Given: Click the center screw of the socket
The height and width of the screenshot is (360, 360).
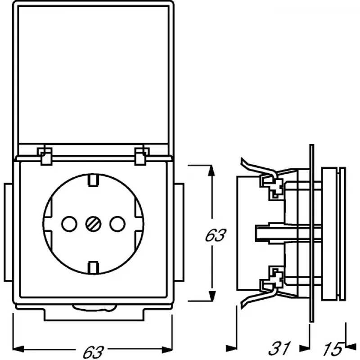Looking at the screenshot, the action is coord(93,224).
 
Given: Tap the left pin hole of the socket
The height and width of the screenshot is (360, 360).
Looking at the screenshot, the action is coord(69,224).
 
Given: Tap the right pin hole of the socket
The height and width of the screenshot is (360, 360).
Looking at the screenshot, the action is coord(117,224).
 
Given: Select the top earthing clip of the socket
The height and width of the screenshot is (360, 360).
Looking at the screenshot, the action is coord(94,180).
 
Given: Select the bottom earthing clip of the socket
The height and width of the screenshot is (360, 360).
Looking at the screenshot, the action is coord(94,267).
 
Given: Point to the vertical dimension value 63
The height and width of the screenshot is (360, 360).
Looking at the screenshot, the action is coord(215,234).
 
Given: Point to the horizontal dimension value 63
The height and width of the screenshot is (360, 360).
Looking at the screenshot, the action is coord(93,351).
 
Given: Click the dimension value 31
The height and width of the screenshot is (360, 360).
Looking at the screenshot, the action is coord(279,348).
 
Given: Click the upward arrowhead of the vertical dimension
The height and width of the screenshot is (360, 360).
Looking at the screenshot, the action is coord(211,171).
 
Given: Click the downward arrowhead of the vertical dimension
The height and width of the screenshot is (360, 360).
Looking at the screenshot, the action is coord(211,296).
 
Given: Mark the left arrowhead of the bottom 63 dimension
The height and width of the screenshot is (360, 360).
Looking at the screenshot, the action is coord(18,350).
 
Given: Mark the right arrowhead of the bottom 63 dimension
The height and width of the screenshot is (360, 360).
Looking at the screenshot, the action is coord(167,350).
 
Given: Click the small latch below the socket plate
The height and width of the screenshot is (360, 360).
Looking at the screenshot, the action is coord(94,307).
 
